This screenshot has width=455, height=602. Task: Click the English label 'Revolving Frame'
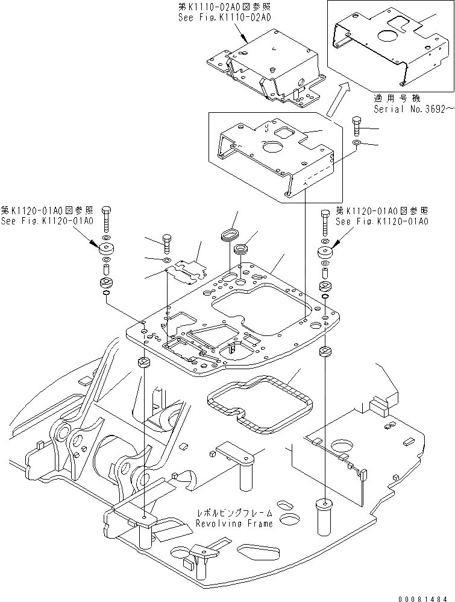point(234,523)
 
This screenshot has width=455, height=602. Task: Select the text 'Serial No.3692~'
point(412,110)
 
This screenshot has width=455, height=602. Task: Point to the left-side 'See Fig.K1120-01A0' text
point(47,221)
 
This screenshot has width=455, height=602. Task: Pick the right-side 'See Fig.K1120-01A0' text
point(381,221)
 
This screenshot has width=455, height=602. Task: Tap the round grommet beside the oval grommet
point(243,248)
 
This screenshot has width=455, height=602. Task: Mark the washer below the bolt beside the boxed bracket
point(357,143)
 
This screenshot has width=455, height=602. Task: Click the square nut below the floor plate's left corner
point(144,362)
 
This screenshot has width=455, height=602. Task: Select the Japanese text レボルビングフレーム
point(234,513)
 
